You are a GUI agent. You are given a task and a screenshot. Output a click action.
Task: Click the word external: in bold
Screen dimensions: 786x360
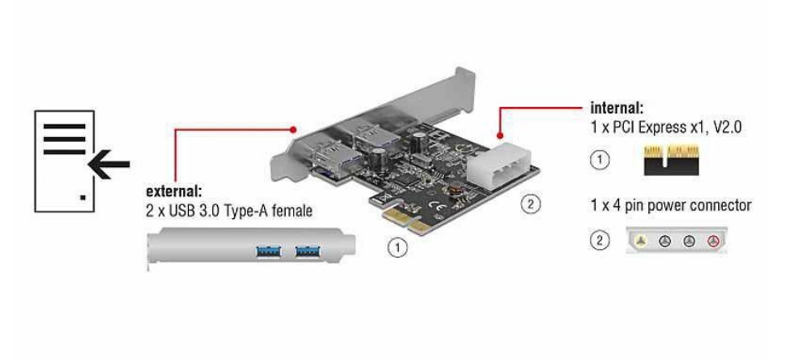coord(173,191)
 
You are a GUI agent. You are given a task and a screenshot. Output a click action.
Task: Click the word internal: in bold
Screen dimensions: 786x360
coord(617,108)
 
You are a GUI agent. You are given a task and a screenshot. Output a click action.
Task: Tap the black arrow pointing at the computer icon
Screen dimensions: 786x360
coord(109,164)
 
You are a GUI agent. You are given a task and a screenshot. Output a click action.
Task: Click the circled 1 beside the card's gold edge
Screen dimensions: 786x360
coord(398,247)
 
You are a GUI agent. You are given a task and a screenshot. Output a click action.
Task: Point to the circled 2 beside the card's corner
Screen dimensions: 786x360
coord(531,204)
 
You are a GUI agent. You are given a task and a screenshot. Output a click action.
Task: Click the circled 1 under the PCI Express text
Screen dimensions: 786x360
coord(600,161)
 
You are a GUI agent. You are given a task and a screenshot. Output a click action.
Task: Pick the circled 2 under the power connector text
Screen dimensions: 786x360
coord(600,241)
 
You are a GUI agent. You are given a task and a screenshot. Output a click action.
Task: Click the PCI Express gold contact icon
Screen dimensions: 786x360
coord(671,160)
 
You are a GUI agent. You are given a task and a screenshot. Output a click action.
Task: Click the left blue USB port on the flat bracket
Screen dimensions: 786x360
coord(268,251)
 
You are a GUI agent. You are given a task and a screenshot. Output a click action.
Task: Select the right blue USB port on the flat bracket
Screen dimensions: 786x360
coord(308,251)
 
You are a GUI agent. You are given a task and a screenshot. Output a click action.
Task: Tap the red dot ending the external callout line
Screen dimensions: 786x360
coord(293,130)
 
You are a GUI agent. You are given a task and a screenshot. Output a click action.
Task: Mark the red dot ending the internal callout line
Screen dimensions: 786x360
coord(499,135)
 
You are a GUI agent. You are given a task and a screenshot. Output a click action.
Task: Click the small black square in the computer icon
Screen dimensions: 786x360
coord(83,198)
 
